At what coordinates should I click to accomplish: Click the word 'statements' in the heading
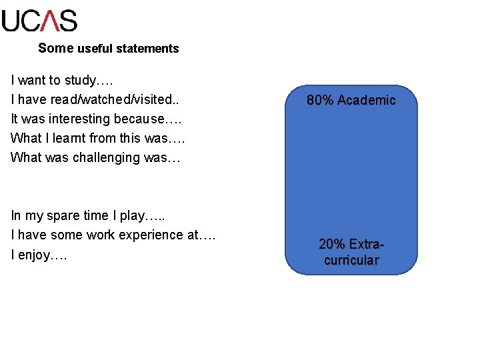[147, 49]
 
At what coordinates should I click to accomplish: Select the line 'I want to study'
[62, 81]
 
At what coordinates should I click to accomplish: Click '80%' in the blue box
[320, 101]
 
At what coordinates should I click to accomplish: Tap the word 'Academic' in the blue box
[366, 101]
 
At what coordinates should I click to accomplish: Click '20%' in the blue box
[331, 245]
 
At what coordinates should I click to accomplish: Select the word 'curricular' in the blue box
[351, 261]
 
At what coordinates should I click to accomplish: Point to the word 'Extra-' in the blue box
[367, 245]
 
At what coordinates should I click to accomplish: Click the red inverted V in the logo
[50, 21]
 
